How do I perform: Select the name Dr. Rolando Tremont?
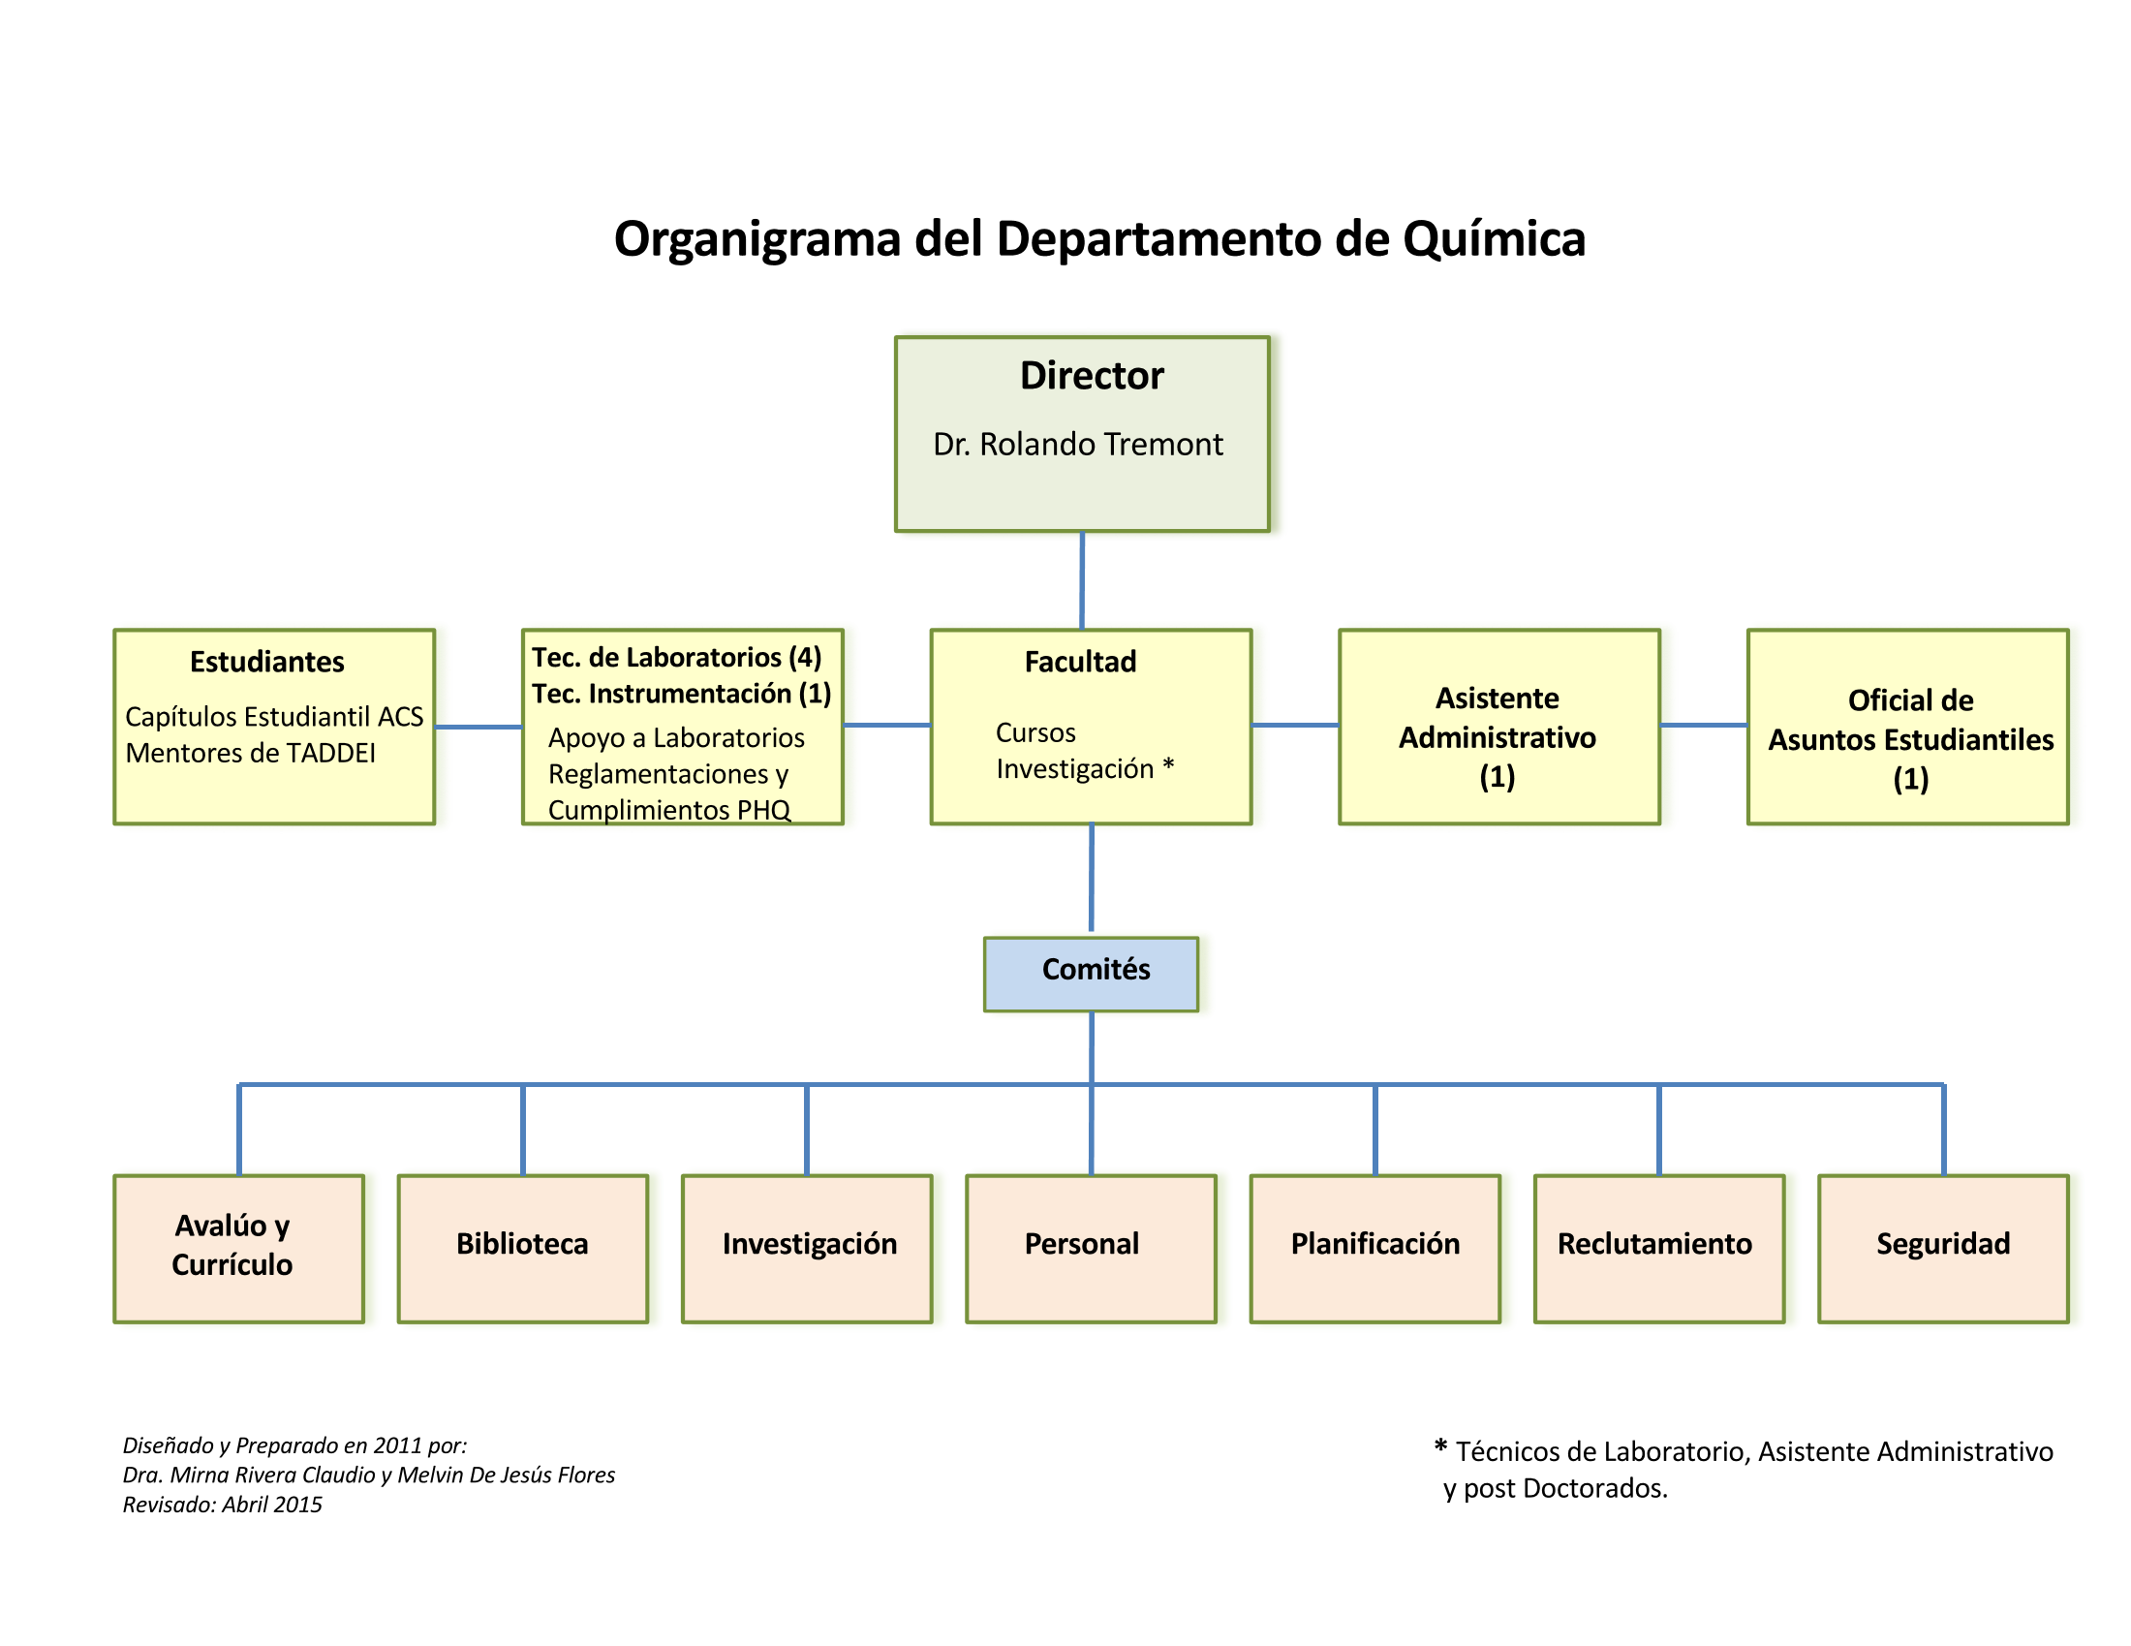click(x=1077, y=445)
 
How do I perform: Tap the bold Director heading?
click(x=1091, y=377)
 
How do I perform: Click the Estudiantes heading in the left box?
click(x=266, y=663)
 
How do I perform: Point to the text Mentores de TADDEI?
click(x=250, y=753)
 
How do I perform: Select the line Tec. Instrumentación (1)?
click(x=681, y=694)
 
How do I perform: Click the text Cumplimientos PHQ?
click(x=668, y=810)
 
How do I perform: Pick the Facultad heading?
click(x=1080, y=663)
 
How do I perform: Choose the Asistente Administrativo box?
click(x=1498, y=727)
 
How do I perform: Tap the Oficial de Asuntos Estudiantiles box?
click(x=1909, y=727)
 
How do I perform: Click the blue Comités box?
click(x=1091, y=973)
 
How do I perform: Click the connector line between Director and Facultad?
click(x=1081, y=580)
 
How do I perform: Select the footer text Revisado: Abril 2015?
click(x=223, y=1505)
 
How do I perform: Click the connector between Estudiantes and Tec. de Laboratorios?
click(x=479, y=727)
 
